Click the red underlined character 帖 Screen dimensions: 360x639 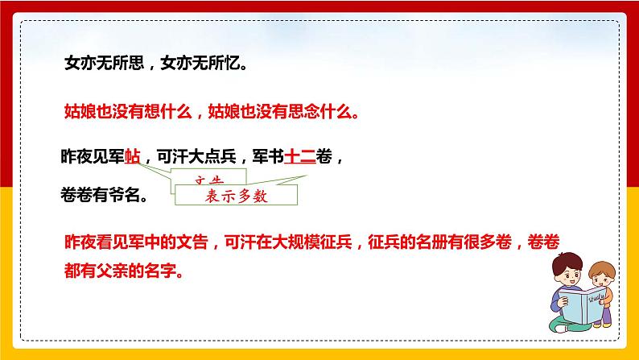[133, 159]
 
